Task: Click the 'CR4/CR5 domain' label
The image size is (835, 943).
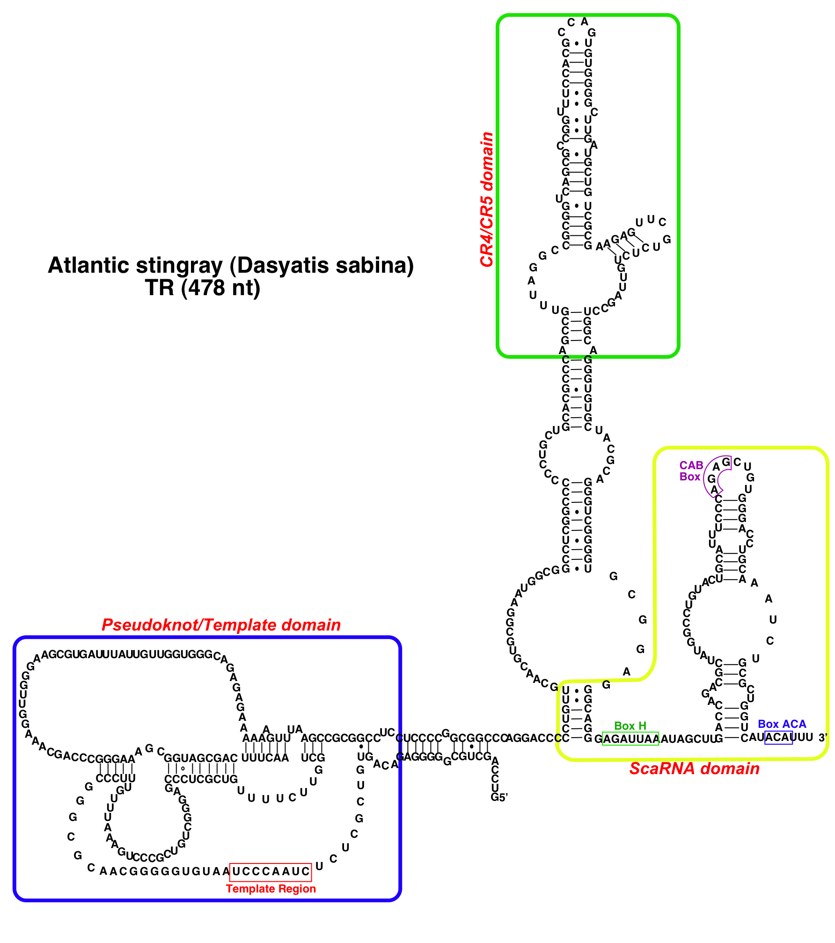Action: click(487, 199)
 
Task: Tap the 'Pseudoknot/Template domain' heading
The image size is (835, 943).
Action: click(221, 625)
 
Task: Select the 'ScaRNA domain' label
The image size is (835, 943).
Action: click(694, 769)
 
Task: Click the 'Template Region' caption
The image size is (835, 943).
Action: click(271, 889)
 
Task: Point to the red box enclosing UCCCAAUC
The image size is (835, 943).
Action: click(271, 871)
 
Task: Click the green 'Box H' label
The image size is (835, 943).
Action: click(630, 726)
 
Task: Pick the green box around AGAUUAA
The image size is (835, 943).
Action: click(630, 739)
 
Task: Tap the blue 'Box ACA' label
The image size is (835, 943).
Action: click(782, 724)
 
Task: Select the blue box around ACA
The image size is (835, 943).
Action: click(778, 738)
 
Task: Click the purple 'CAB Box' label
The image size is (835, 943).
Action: click(691, 471)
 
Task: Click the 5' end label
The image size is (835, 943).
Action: click(499, 798)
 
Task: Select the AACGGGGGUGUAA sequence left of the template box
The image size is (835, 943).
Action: click(165, 871)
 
